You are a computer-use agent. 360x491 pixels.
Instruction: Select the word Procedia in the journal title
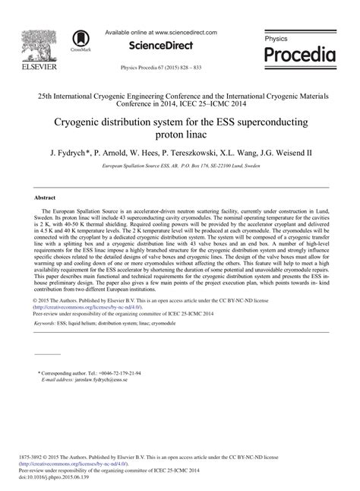tap(299, 55)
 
